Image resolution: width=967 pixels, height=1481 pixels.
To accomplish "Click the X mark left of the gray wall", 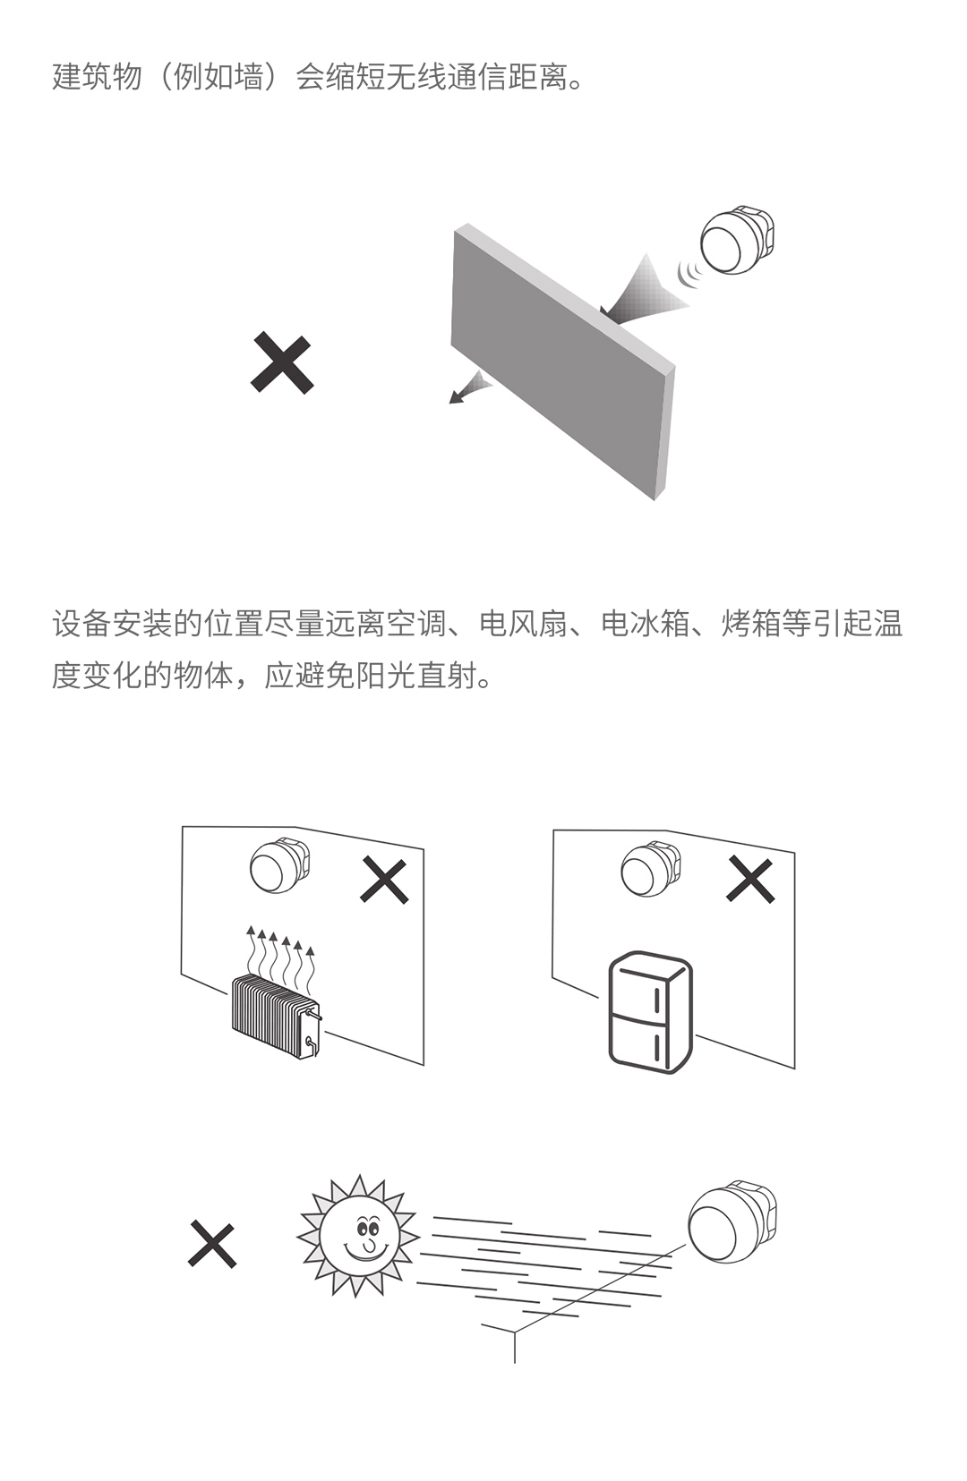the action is [x=281, y=363].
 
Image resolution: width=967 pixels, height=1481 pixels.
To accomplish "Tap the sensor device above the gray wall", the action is [x=737, y=240].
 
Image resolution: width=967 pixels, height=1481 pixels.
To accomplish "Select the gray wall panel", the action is [x=563, y=362].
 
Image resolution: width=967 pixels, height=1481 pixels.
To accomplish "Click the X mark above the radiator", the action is [x=384, y=881].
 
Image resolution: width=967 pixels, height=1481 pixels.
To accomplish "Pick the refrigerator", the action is [x=649, y=1011].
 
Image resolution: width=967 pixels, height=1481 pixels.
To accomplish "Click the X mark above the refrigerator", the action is [x=750, y=880].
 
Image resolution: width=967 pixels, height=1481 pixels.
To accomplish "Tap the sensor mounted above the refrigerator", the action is [x=651, y=869].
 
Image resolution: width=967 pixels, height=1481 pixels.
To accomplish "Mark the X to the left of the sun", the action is [x=211, y=1244].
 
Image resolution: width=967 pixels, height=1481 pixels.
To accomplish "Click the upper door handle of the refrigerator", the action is [x=656, y=999].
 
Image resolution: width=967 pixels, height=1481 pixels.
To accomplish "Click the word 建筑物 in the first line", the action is [x=97, y=77].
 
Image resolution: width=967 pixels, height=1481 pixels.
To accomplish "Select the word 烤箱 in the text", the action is [x=750, y=624].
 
